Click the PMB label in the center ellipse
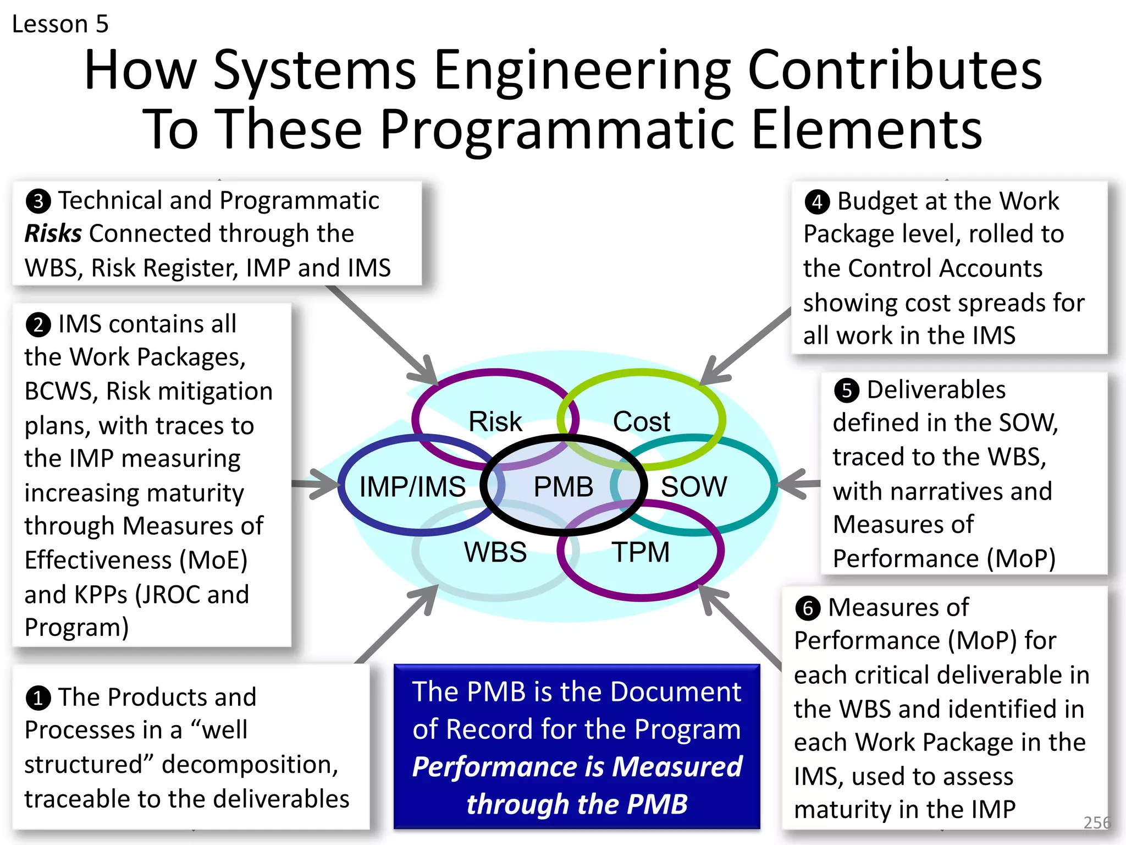(x=563, y=487)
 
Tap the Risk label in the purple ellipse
(x=495, y=422)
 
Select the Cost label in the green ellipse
(x=641, y=422)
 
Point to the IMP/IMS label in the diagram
(x=412, y=487)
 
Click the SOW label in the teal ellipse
(x=693, y=487)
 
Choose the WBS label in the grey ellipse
(x=495, y=552)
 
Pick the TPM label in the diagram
(x=641, y=552)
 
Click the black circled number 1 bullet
(x=38, y=698)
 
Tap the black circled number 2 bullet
(x=38, y=325)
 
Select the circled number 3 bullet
(x=38, y=201)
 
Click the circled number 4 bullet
(x=817, y=202)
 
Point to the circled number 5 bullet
(x=847, y=390)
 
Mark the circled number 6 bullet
(x=808, y=608)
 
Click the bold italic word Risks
(x=53, y=234)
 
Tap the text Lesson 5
(x=60, y=24)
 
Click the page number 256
(x=1096, y=822)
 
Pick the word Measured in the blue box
(x=677, y=766)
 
